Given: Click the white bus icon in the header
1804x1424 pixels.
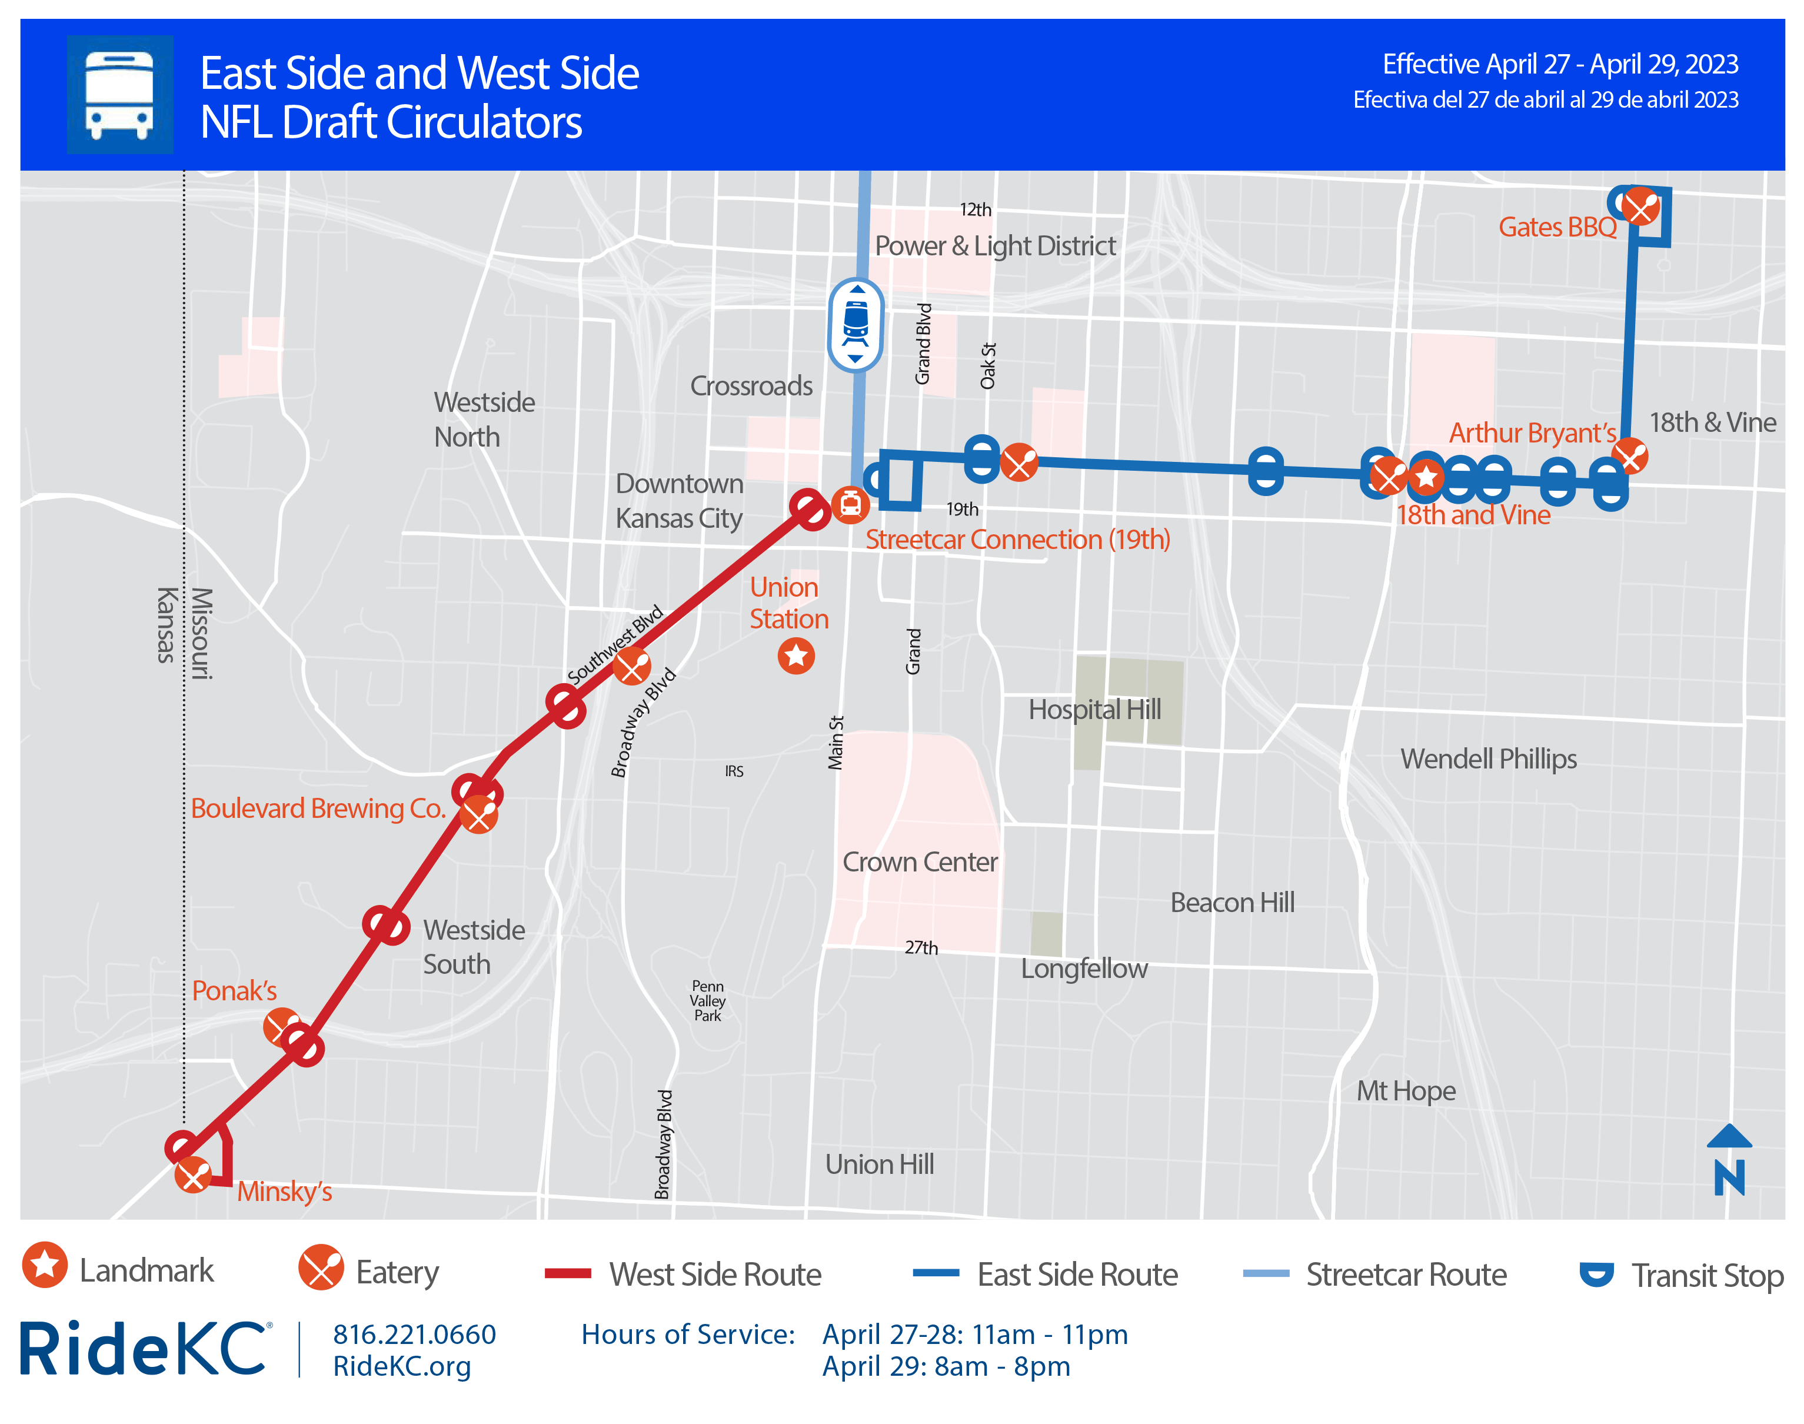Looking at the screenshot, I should [119, 94].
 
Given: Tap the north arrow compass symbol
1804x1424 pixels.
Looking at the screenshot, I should [1729, 1160].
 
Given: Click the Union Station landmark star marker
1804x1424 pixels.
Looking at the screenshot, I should [796, 656].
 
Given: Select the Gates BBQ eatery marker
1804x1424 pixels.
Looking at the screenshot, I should [1640, 207].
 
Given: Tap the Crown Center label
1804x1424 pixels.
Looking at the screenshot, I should [920, 862].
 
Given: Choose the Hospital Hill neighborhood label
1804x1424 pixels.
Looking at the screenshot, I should [1094, 710].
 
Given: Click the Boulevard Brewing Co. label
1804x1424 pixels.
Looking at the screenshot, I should [318, 808].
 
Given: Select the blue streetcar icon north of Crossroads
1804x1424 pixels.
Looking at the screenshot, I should [856, 324].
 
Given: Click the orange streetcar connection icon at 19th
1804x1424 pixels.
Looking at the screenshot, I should [850, 504].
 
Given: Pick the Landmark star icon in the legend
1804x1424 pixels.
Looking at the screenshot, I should [45, 1265].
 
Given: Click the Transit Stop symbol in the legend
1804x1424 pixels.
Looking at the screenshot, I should [1596, 1274].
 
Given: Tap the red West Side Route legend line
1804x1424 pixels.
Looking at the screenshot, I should [568, 1273].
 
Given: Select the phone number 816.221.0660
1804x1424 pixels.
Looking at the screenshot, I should [414, 1334].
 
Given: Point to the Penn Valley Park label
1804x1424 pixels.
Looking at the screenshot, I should [708, 1000].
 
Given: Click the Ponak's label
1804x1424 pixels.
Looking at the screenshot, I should [234, 990].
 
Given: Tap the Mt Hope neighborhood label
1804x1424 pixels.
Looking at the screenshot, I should [1406, 1090].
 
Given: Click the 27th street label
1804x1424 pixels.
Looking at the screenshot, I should [921, 947].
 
